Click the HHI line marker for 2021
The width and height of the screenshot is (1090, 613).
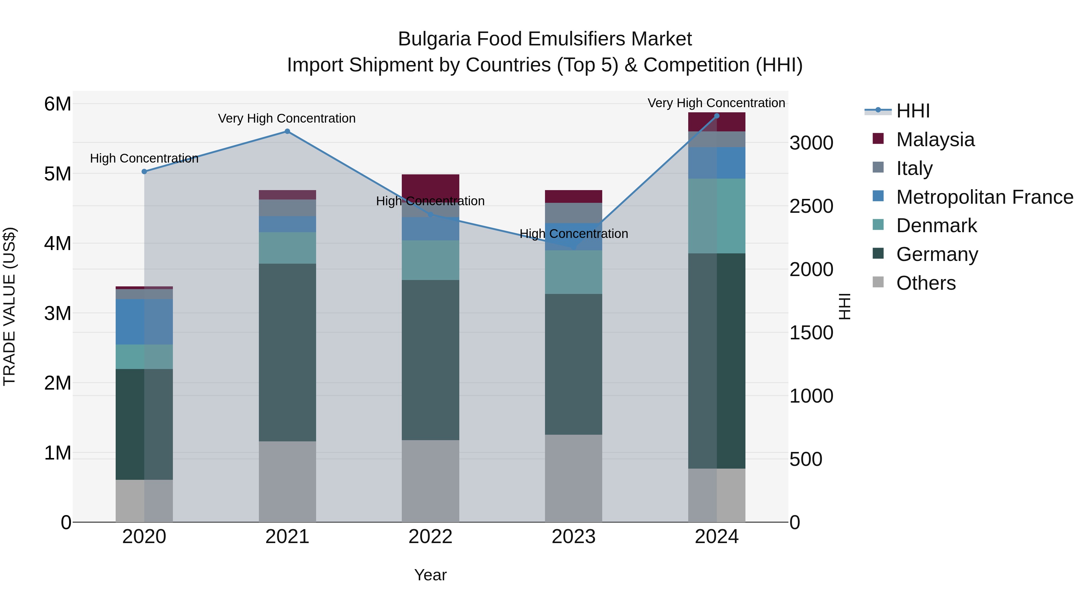(x=287, y=131)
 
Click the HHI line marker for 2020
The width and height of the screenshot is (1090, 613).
(x=144, y=171)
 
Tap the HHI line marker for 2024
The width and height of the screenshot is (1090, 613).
(x=716, y=116)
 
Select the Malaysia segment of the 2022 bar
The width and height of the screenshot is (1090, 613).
(x=430, y=185)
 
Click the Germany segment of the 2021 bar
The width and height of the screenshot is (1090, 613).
(x=287, y=352)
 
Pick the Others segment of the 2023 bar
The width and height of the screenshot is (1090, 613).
(x=573, y=478)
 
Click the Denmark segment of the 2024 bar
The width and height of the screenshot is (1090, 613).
(x=716, y=216)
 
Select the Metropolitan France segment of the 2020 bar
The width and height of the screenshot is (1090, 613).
(x=144, y=321)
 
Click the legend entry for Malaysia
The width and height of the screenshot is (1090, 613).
(x=935, y=140)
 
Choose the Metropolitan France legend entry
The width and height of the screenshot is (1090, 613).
(x=984, y=197)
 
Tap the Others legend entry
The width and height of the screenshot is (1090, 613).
(x=926, y=283)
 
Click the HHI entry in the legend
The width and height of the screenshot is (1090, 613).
(x=913, y=111)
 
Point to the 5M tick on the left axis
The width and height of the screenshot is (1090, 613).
(x=58, y=174)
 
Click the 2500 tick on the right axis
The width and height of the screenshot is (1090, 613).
(x=811, y=206)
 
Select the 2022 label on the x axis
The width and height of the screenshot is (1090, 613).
(x=430, y=537)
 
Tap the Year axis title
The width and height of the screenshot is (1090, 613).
(x=430, y=575)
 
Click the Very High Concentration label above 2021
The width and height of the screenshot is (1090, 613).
(x=287, y=118)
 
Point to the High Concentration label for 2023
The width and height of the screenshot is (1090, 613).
(x=573, y=233)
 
